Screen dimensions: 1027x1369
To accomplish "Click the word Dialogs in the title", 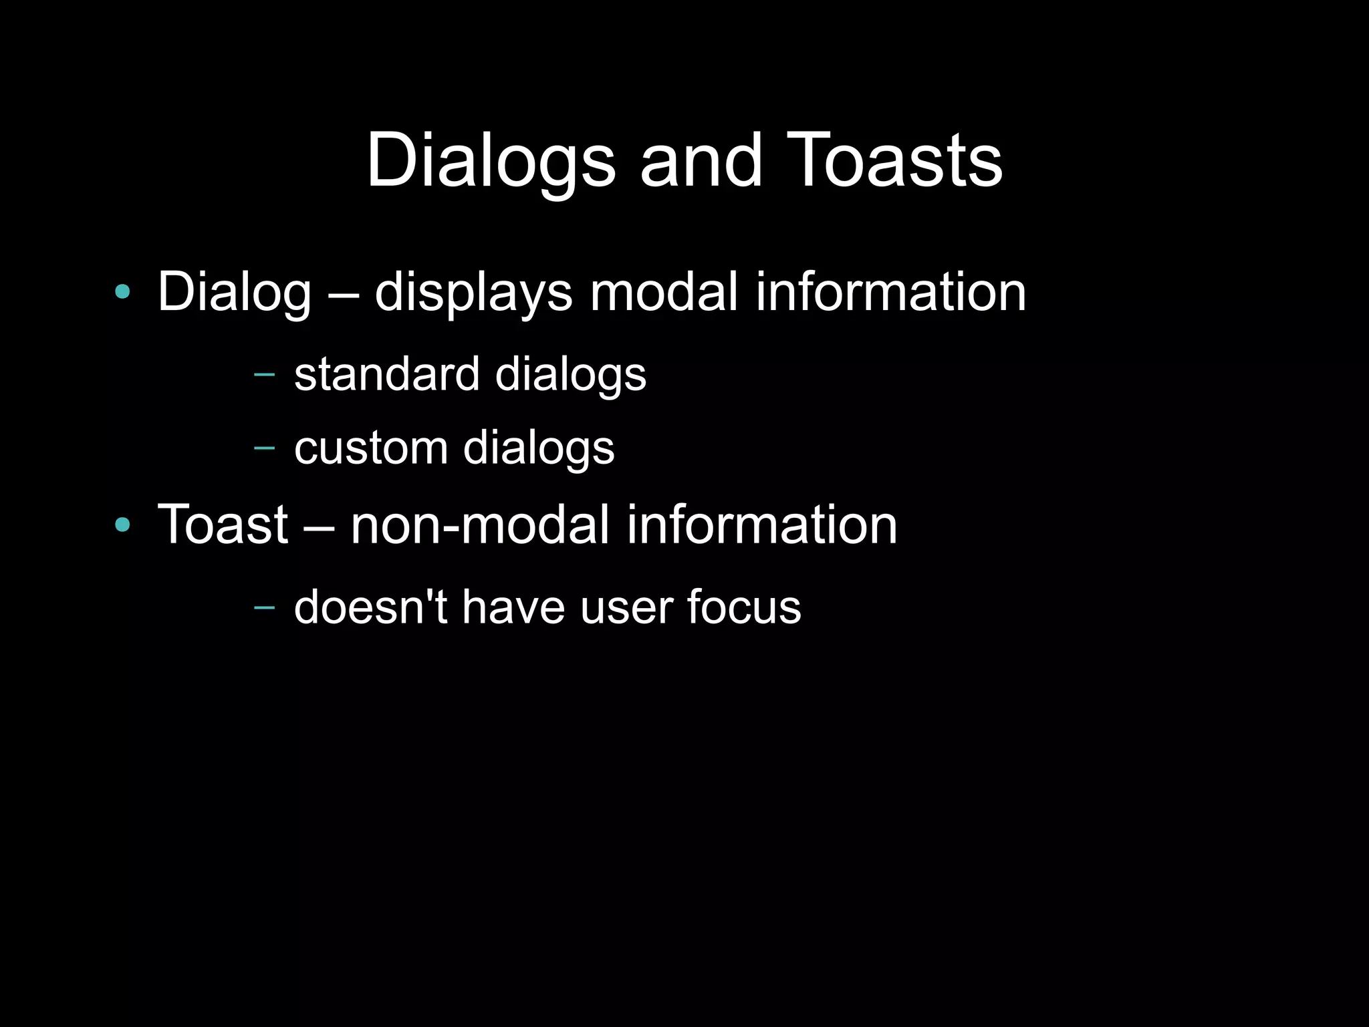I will click(x=491, y=161).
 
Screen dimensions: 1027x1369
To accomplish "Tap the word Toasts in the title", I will click(x=897, y=161).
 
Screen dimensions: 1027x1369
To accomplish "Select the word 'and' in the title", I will click(x=701, y=161).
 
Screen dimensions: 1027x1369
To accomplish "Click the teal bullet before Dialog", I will click(x=122, y=292).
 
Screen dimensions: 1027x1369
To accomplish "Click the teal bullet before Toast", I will click(x=122, y=525).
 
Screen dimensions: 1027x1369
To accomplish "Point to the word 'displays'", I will click(x=473, y=292).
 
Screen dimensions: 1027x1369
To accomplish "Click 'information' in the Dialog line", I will click(x=890, y=292).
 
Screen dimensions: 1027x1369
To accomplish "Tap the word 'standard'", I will click(x=387, y=374).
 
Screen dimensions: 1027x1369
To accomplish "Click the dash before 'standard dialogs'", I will click(x=265, y=374).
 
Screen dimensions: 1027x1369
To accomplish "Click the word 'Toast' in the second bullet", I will click(x=223, y=525).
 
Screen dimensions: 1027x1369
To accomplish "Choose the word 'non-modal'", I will click(x=480, y=525).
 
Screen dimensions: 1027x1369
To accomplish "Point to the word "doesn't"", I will click(x=370, y=607).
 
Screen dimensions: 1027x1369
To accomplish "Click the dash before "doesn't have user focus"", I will click(x=265, y=607).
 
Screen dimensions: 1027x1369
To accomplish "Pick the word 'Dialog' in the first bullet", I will click(x=234, y=292).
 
